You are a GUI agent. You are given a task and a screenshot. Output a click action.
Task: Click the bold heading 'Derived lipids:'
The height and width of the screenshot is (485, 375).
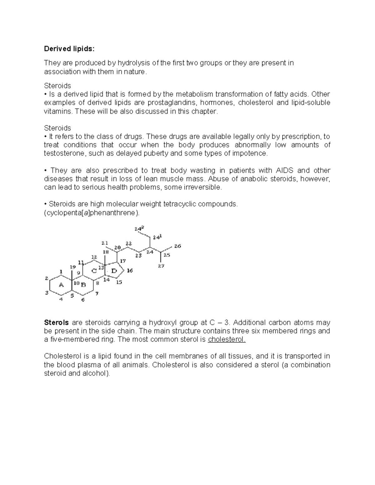coord(69,49)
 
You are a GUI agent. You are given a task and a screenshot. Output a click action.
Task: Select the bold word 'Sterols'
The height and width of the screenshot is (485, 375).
coord(56,323)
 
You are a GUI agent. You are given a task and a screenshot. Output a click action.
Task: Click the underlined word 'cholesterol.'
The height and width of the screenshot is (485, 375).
coord(227,339)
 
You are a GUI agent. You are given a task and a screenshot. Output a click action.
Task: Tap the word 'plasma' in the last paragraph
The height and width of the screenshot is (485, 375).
coord(91,365)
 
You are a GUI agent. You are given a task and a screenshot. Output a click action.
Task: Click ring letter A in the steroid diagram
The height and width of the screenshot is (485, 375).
coord(61,285)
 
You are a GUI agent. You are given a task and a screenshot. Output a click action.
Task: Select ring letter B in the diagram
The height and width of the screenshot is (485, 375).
coord(83,285)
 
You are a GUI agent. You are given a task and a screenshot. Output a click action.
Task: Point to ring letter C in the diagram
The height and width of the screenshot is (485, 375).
coord(94,271)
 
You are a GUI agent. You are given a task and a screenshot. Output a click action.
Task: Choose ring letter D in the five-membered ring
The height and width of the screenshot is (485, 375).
coord(114,271)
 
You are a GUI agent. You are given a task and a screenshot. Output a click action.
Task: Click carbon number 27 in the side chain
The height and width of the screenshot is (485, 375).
coord(161,266)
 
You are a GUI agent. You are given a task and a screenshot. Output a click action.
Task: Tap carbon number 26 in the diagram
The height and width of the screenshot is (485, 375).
coord(177,246)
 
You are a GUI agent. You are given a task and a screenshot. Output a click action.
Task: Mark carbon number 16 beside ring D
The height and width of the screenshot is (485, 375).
coord(130,271)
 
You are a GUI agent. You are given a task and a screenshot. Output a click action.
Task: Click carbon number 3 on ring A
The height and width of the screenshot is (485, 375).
coord(47,293)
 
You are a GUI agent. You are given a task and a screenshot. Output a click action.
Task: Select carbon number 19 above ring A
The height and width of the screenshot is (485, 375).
coord(72,267)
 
